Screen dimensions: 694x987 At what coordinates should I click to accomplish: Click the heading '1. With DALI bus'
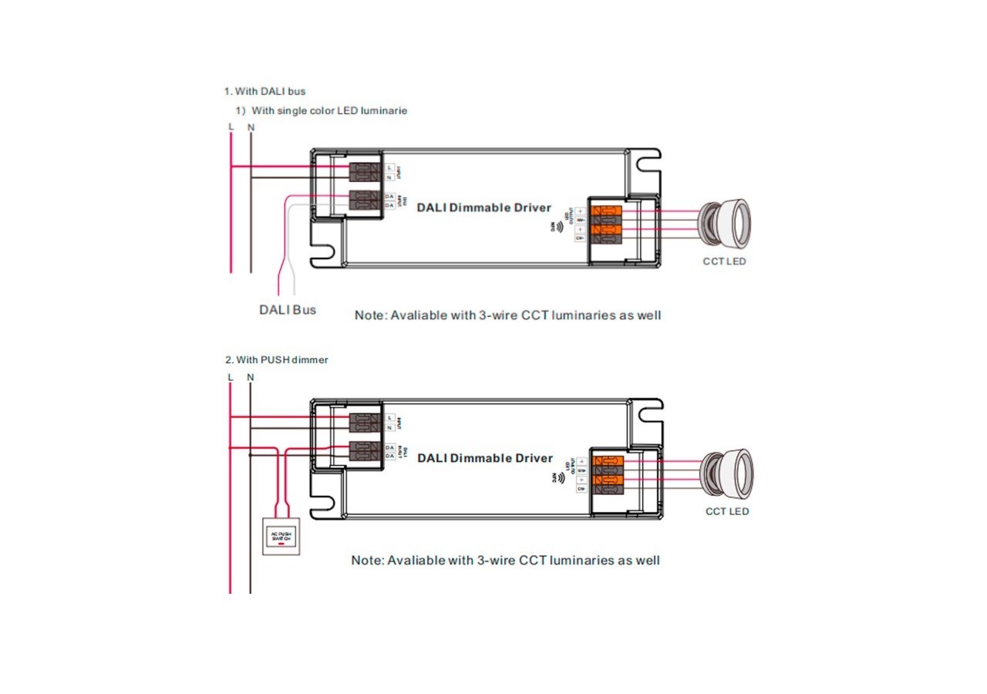point(264,91)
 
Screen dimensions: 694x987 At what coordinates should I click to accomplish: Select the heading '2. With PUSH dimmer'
point(276,359)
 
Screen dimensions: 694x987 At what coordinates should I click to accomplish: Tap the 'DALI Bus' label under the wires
point(287,310)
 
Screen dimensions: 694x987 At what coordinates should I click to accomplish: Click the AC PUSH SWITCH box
point(279,537)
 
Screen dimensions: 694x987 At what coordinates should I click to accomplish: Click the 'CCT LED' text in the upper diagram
point(724,261)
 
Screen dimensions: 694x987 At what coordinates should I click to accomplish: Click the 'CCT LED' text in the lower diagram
point(726,511)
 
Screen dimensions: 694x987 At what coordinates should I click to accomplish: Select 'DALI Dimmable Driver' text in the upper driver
point(484,207)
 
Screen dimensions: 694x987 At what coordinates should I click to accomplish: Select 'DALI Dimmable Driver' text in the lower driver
point(485,458)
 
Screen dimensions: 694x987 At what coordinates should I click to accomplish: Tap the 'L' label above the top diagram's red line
point(231,127)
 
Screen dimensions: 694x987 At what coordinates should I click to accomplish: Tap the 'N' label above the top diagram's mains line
point(251,127)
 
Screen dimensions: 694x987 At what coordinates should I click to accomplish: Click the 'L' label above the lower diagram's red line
point(231,377)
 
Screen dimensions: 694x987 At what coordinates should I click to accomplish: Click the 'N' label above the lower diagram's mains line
point(251,377)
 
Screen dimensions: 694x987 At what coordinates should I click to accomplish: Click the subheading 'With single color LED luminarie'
point(328,110)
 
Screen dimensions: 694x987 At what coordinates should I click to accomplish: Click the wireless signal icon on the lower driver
point(558,478)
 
